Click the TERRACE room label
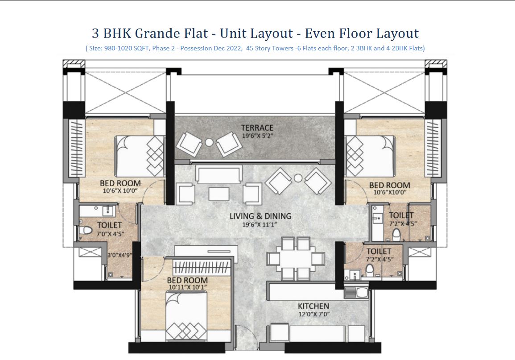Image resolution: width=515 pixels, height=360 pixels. click(257, 128)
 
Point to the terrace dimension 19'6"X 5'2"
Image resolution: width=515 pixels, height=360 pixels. click(257, 135)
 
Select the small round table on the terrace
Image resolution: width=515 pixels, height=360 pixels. click(210, 142)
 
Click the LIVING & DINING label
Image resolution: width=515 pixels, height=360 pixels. click(260, 216)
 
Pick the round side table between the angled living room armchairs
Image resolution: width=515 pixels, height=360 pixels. click(298, 178)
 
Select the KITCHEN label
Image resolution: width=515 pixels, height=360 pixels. click(313, 306)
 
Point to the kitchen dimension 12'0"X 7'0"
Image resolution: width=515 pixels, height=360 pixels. click(313, 314)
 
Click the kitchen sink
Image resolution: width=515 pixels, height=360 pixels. click(356, 293)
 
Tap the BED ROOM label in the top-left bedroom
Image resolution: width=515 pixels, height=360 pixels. click(120, 183)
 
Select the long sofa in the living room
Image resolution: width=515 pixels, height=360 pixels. click(219, 174)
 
